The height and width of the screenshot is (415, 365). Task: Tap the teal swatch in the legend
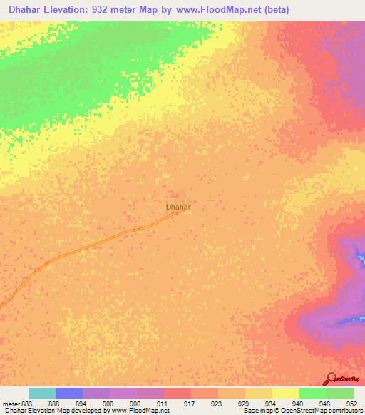pos(42,393)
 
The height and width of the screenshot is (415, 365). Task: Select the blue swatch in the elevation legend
pos(69,393)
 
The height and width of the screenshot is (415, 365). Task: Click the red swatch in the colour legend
pos(178,393)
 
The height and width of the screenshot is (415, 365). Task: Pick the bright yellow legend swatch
pos(285,393)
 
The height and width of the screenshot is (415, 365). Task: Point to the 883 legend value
pos(26,403)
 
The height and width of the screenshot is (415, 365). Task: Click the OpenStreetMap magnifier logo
pos(330,379)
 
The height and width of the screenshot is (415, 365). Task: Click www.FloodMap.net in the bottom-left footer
pos(136,411)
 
